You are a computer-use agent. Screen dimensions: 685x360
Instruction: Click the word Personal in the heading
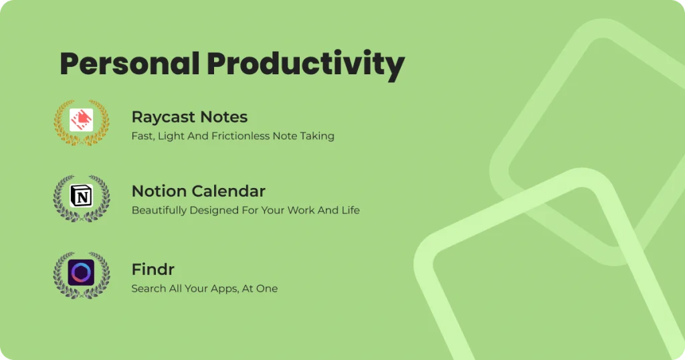tap(130, 64)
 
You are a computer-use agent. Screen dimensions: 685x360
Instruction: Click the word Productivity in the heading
tap(306, 66)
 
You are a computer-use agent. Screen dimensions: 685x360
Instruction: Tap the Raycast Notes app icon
tap(81, 120)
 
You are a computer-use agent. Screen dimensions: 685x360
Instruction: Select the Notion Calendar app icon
tap(81, 196)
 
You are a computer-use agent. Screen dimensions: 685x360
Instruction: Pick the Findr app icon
tap(81, 272)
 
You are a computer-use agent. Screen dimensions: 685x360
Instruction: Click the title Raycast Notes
tap(189, 117)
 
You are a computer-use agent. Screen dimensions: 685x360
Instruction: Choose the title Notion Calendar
tap(198, 191)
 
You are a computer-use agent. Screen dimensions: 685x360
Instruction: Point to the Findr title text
tap(153, 270)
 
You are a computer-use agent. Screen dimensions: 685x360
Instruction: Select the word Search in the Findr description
tap(149, 288)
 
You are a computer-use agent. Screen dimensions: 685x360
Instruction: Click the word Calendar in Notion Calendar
tap(229, 191)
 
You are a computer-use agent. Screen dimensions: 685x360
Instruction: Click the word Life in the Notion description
tap(351, 210)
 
